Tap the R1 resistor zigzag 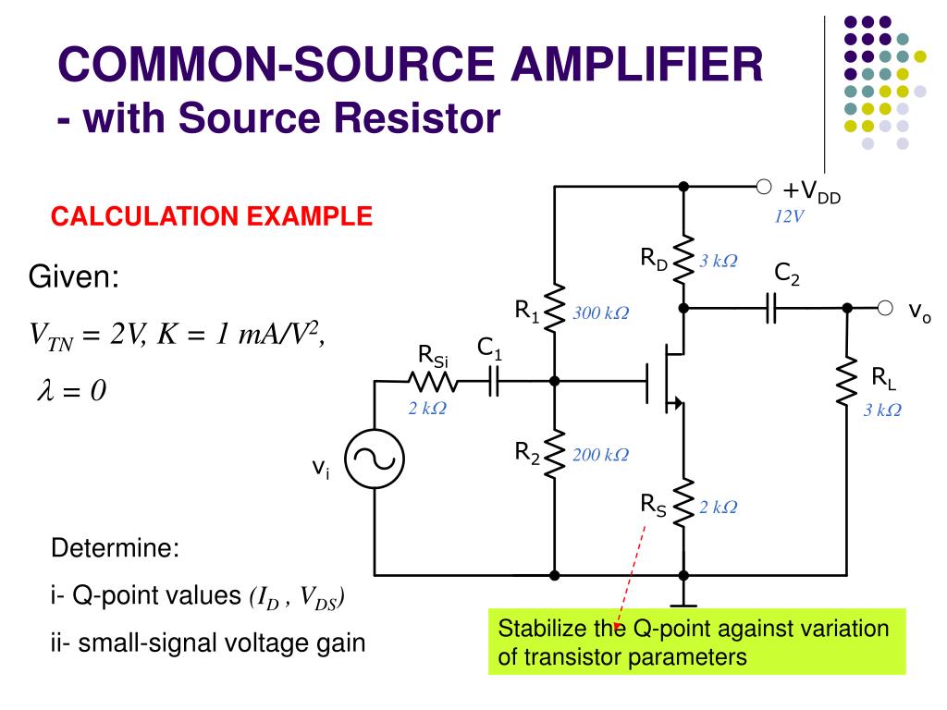[x=555, y=308]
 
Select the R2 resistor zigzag [x=555, y=454]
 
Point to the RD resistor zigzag [x=683, y=260]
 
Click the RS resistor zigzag [x=683, y=504]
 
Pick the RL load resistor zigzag [x=847, y=380]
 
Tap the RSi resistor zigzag [x=433, y=382]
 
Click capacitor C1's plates [x=494, y=382]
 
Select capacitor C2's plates [x=770, y=308]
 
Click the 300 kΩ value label [x=601, y=312]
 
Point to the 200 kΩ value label [x=601, y=455]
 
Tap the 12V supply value [x=789, y=216]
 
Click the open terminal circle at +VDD [x=763, y=187]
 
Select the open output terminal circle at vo [x=885, y=308]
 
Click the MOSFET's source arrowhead [x=678, y=402]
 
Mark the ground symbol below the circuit [x=683, y=606]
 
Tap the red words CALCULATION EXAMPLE [x=212, y=216]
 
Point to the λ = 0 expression [x=71, y=390]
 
